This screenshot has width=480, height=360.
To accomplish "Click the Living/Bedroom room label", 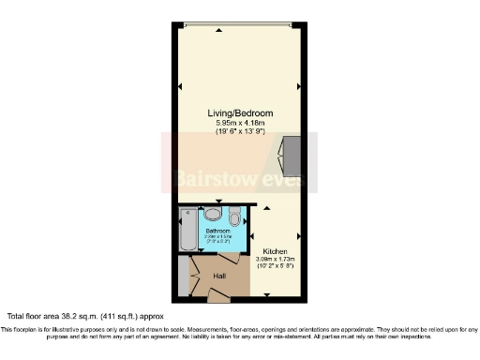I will click(240, 112).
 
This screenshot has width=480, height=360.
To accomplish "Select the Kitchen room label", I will click(275, 251).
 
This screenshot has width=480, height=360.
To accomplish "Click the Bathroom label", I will click(217, 230).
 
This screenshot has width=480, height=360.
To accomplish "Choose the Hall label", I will click(219, 276).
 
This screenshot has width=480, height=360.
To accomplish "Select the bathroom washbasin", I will click(208, 213).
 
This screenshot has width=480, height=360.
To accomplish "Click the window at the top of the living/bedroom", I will click(240, 23).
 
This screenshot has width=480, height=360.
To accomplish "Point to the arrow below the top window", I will click(218, 30).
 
